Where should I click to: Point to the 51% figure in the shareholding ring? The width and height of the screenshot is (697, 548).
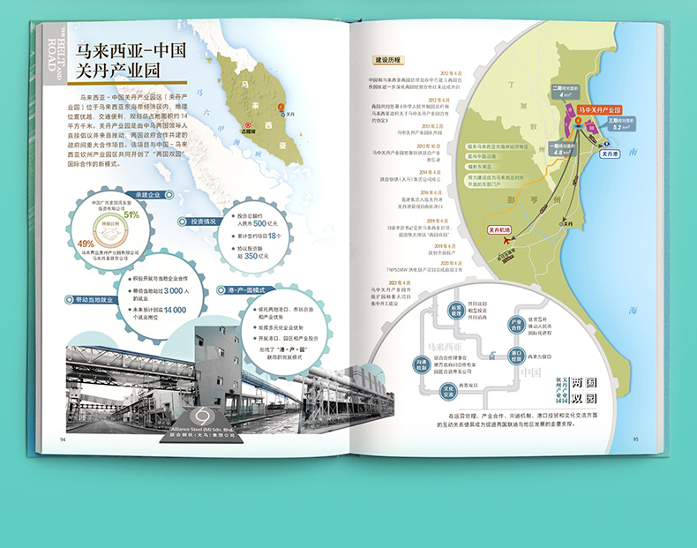(131, 214)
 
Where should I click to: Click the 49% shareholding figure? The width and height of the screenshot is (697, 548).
(86, 244)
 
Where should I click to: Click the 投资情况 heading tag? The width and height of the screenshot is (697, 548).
(198, 222)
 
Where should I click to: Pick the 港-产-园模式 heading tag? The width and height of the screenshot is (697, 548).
(227, 290)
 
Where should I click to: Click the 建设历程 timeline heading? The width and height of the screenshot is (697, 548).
(387, 61)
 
